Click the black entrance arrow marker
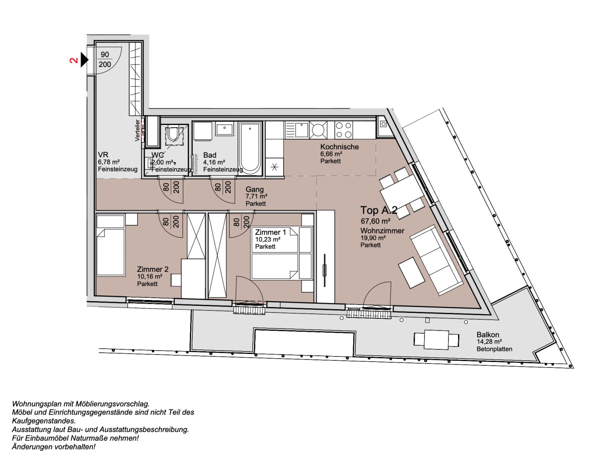[x=85, y=60]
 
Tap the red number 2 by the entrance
[x=74, y=60]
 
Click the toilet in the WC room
[x=173, y=135]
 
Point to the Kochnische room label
[x=339, y=147]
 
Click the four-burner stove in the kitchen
[x=344, y=130]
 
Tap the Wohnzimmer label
[x=382, y=231]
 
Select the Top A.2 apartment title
[x=378, y=210]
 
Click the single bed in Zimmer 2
[x=110, y=245]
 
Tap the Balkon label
[x=488, y=335]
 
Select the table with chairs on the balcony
[x=436, y=339]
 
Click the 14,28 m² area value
[x=489, y=342]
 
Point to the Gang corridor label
[x=254, y=189]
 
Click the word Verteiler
[x=137, y=130]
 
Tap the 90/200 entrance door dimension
[x=105, y=60]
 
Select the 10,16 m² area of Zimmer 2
[x=150, y=277]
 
